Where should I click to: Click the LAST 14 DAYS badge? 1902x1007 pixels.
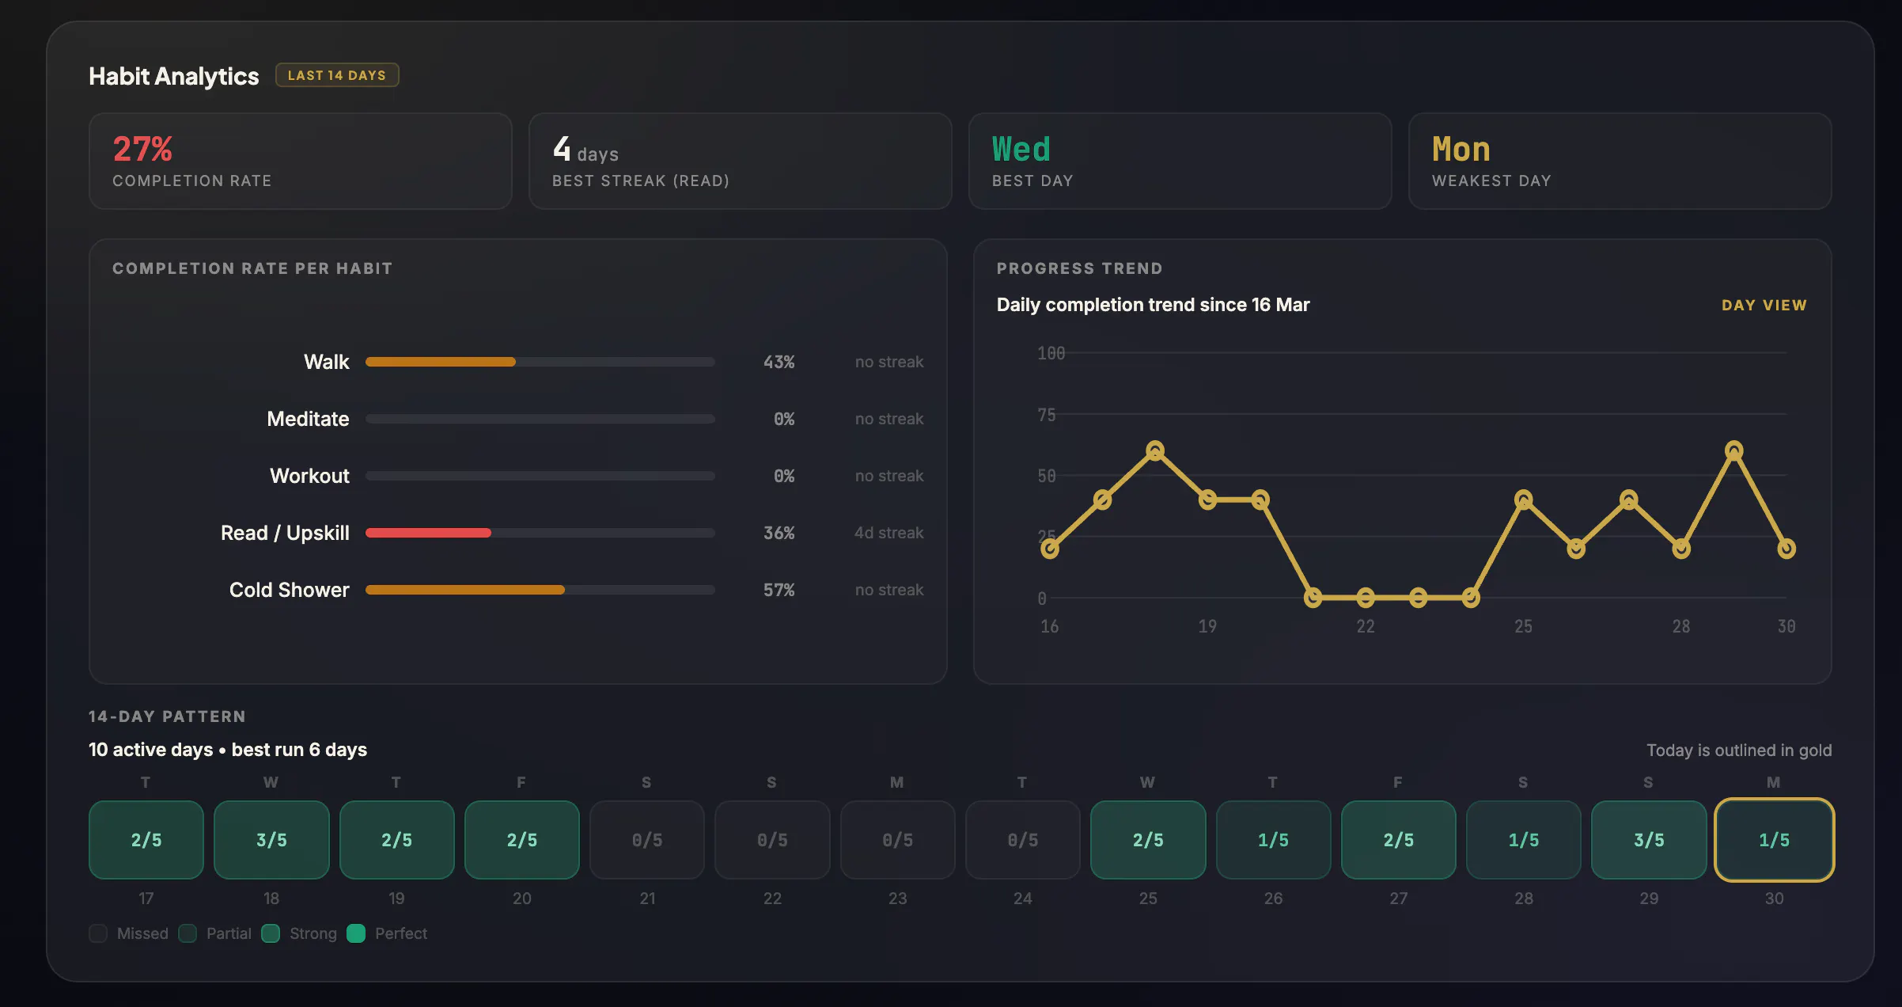(337, 75)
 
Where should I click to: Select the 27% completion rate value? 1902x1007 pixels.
(142, 149)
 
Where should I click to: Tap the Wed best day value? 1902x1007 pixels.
(1021, 149)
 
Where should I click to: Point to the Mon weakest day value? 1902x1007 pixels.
(1461, 149)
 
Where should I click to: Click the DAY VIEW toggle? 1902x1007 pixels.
(1764, 305)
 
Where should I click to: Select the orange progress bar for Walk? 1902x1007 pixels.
(441, 362)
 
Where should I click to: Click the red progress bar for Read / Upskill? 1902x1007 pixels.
(428, 533)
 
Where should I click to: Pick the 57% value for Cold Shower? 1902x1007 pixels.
(779, 590)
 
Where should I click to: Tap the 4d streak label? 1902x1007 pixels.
(888, 533)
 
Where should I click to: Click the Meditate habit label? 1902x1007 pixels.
(308, 419)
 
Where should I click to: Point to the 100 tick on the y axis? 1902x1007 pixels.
(1051, 353)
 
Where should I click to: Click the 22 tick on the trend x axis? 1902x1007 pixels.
(1366, 626)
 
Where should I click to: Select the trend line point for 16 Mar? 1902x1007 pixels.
(1050, 549)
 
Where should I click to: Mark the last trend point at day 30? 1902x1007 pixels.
(1786, 549)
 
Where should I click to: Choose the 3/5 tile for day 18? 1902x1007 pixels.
(271, 840)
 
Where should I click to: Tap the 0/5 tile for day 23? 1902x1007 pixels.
(898, 840)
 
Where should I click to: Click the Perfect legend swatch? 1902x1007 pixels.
(356, 933)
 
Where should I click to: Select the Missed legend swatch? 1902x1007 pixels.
(98, 933)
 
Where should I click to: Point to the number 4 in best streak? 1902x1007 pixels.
(562, 148)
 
